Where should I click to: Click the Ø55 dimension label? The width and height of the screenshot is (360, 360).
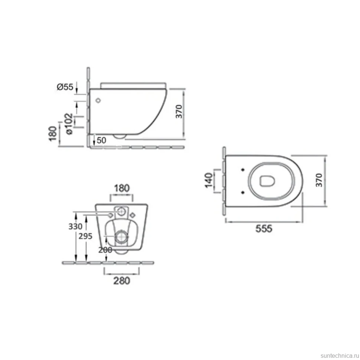coord(65,87)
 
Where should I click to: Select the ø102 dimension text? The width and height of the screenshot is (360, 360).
coord(69,124)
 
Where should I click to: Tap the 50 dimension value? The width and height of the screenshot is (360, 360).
coord(101,140)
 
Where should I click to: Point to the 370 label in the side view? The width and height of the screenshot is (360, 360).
coord(179,112)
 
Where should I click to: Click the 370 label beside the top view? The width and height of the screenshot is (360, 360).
coord(319,180)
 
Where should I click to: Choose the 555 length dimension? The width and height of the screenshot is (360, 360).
coord(264,229)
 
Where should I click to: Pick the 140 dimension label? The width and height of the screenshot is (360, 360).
coord(209,180)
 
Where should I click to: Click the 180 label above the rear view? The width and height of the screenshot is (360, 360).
coord(122,188)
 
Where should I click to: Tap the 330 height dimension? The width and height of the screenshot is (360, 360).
coord(75,227)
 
